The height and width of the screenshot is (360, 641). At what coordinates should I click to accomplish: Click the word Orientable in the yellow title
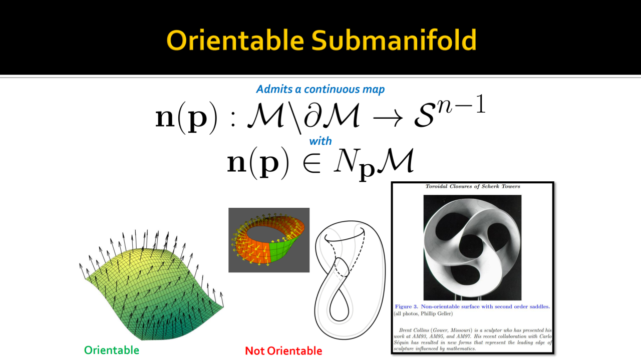coord(235,40)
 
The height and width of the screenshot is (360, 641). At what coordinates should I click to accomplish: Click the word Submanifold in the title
coord(394,40)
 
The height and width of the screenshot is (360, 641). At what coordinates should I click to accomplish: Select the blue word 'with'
coord(320,141)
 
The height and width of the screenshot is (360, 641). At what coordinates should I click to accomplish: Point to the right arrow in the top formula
coord(388,118)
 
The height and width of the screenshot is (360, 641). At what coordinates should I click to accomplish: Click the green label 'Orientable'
coord(112,350)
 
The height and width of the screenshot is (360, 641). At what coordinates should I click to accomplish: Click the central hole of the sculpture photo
coord(471,247)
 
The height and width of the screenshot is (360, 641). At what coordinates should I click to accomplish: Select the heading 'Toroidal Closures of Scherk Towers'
coord(472,186)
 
